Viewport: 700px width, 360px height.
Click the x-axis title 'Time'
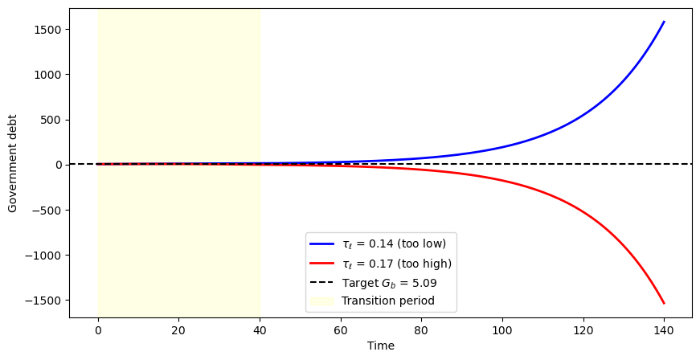click(x=381, y=346)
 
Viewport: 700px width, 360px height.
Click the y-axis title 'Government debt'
click(x=14, y=164)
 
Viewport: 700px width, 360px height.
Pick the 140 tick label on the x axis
click(x=664, y=328)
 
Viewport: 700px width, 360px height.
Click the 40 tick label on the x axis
click(x=260, y=328)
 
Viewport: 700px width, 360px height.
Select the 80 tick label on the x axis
click(x=421, y=328)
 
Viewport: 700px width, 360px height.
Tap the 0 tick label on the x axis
click(x=97, y=328)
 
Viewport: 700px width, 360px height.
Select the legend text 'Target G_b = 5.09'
click(x=388, y=283)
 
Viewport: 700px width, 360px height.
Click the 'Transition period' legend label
click(x=387, y=301)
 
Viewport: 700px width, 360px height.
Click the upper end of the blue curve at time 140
click(x=664, y=22)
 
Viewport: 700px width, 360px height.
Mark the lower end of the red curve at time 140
click(x=664, y=303)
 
